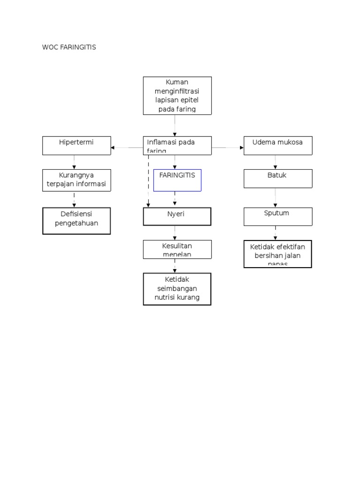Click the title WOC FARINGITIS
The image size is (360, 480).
click(x=69, y=47)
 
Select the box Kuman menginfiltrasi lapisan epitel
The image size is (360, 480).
click(x=177, y=96)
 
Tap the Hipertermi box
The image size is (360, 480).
click(x=77, y=145)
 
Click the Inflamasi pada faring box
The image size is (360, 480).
click(x=177, y=145)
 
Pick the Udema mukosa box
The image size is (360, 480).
click(x=278, y=145)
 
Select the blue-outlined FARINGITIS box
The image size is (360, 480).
click(x=177, y=180)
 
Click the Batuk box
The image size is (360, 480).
click(x=278, y=179)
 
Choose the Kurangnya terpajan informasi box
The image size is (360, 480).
click(x=77, y=180)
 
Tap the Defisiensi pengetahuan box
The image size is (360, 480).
click(x=77, y=221)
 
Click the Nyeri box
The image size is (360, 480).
click(x=177, y=217)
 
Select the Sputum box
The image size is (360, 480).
click(x=278, y=217)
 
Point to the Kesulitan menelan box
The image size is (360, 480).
click(x=177, y=249)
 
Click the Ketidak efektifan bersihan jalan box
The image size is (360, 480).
click(x=278, y=254)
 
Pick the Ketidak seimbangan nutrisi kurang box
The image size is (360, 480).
click(x=177, y=289)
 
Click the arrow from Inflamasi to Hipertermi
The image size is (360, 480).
click(x=127, y=148)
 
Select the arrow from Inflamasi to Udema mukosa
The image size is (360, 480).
click(x=228, y=148)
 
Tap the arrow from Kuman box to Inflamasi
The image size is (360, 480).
click(x=175, y=126)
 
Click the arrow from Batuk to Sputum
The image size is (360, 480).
click(x=275, y=198)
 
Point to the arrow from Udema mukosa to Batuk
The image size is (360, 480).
click(x=275, y=162)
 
